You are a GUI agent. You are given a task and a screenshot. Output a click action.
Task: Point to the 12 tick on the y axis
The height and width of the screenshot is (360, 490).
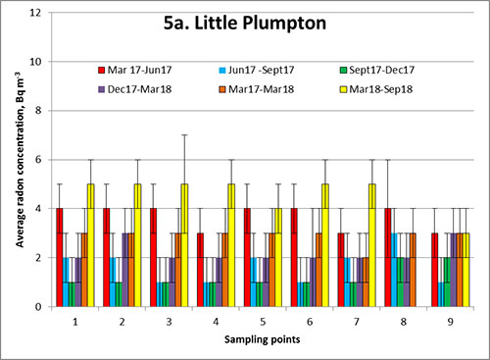click(x=34, y=13)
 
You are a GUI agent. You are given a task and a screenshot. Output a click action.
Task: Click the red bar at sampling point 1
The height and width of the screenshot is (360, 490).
click(x=59, y=257)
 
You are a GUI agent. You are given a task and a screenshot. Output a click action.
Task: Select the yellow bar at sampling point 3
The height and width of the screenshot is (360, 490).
click(x=183, y=245)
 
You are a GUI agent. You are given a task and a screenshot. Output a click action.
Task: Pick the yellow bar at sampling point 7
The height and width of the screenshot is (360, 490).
click(x=371, y=245)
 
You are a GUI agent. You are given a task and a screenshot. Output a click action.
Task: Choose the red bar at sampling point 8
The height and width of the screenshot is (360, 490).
click(x=388, y=257)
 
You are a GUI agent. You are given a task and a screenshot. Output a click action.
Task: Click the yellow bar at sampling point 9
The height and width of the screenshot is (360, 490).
click(x=465, y=270)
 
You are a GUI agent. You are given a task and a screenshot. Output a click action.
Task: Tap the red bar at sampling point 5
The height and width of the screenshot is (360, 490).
click(x=247, y=257)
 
